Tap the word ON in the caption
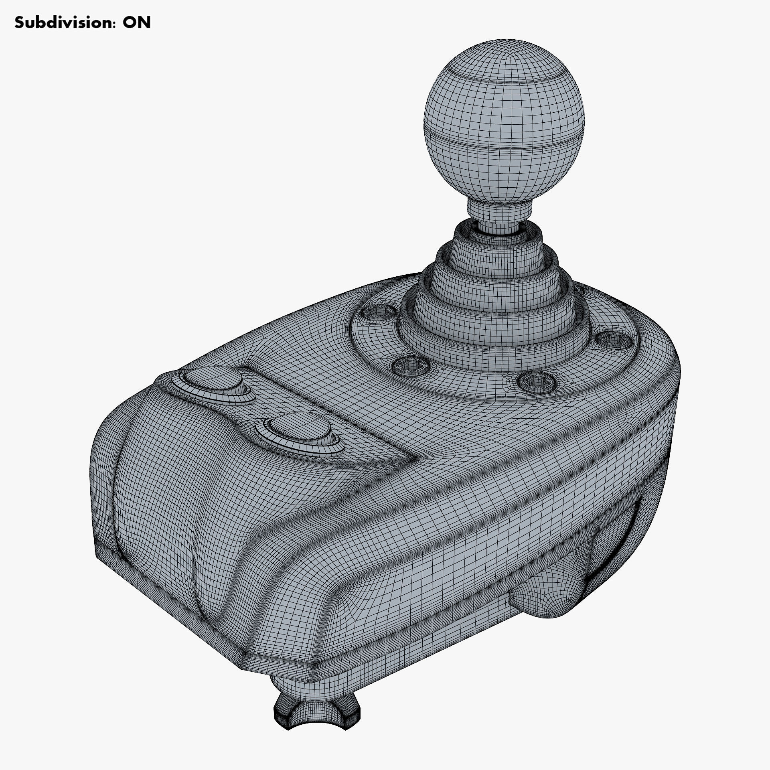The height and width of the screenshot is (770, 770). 136,23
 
